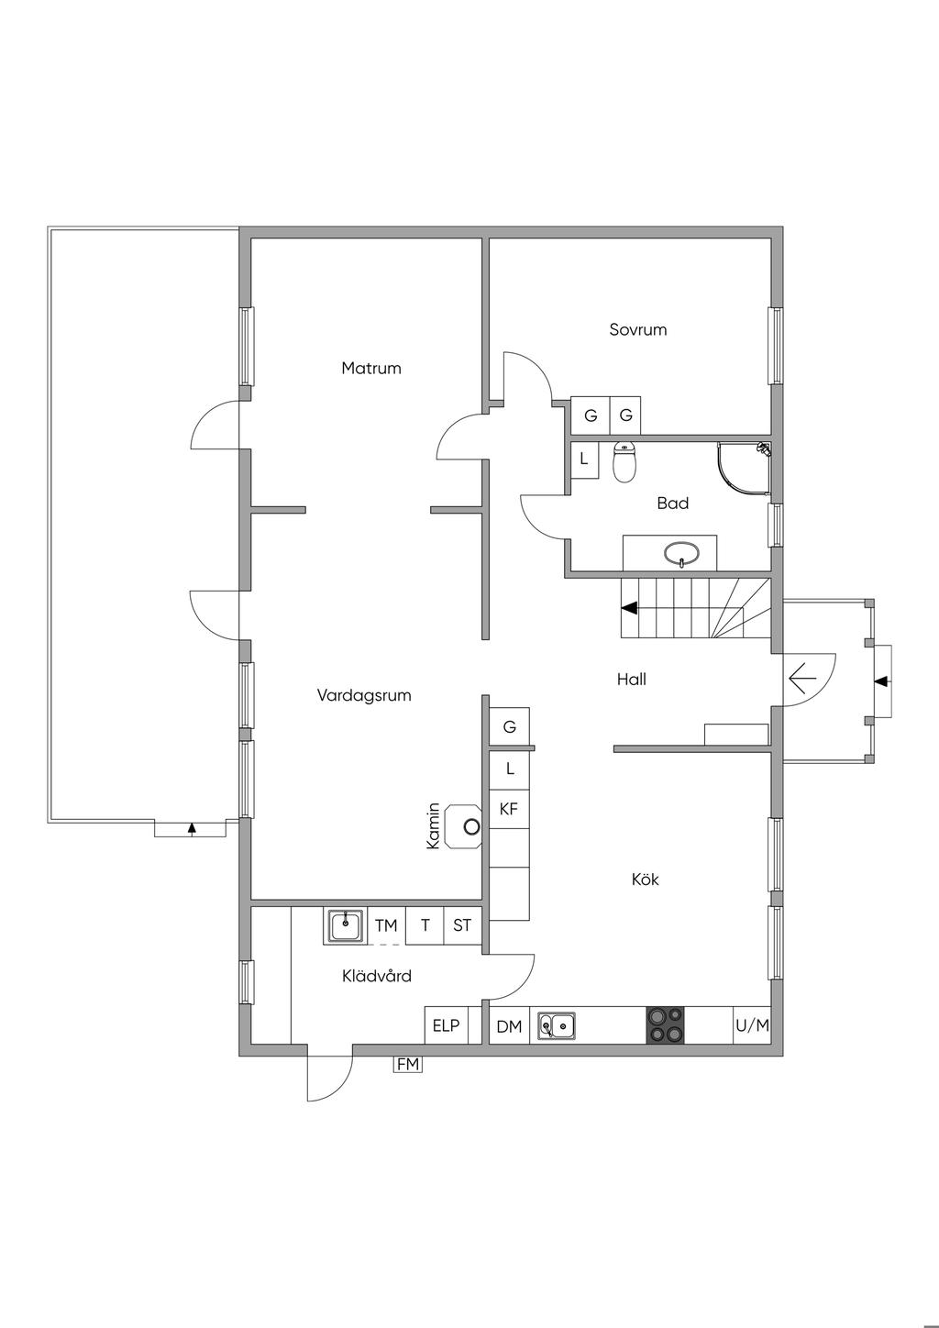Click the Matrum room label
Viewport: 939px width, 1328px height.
[371, 369]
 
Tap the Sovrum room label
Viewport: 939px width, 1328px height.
[638, 329]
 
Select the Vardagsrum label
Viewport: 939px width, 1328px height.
[364, 695]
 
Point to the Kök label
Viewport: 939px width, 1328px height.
[646, 880]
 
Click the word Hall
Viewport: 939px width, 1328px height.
[632, 680]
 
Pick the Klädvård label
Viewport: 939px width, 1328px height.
[377, 976]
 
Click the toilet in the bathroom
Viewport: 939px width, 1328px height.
[624, 463]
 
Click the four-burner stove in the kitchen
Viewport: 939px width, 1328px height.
[666, 1025]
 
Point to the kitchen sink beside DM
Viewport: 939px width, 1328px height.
[557, 1025]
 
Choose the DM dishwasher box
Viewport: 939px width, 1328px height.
[509, 1026]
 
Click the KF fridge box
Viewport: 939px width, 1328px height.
[509, 809]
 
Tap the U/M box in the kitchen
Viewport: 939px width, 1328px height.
[752, 1025]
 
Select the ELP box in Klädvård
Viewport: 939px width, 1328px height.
[446, 1025]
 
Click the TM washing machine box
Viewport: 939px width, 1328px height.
[386, 925]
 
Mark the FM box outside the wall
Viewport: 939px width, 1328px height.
[407, 1065]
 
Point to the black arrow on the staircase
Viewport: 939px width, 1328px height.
[630, 607]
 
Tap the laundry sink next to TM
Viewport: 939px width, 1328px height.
[346, 926]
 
